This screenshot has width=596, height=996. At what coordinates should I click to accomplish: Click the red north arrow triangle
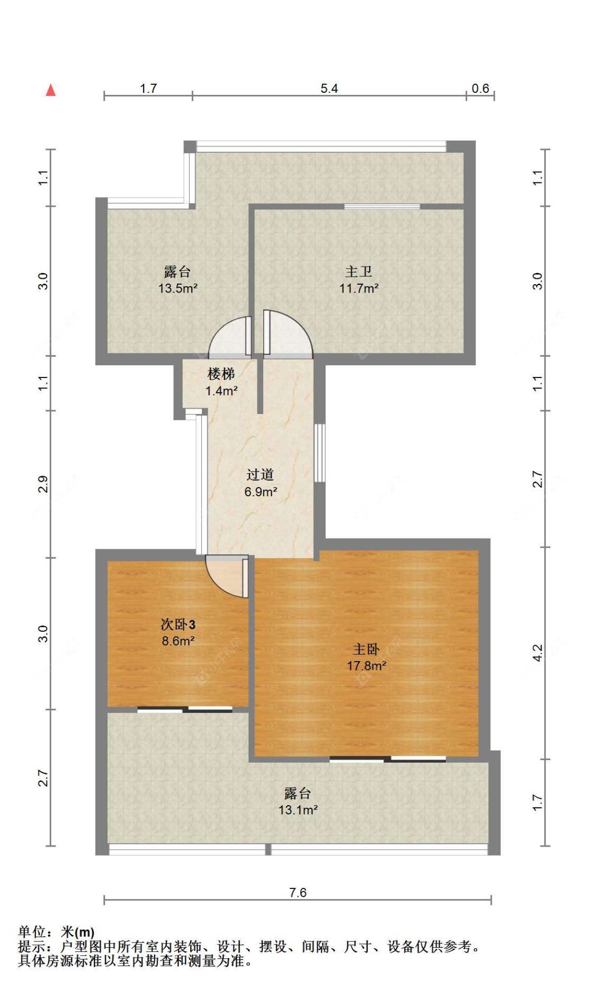coord(51,90)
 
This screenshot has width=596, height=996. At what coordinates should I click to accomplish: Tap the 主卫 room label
coord(359,272)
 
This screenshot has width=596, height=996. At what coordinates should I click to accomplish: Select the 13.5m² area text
coord(178,288)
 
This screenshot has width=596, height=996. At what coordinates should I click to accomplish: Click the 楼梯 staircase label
coord(221,374)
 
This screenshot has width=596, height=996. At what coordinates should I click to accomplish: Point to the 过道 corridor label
coord(260,474)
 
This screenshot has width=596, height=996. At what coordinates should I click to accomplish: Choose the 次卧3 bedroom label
coord(178,624)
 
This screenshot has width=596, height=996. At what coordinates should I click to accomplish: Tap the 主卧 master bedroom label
coord(366,649)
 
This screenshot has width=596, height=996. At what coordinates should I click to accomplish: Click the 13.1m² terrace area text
coord(298,810)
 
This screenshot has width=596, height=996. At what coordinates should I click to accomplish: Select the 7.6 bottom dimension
coord(298,892)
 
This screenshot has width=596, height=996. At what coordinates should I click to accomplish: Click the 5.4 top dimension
coord(329,89)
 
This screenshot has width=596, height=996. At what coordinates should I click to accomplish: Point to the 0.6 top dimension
coord(481,89)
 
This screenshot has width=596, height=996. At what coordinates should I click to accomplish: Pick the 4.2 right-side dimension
coord(537,653)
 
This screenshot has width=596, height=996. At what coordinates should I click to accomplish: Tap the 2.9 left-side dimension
coord(43,484)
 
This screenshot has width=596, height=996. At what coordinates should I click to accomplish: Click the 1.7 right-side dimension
coord(537,803)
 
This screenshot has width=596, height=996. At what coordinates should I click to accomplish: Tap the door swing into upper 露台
coord(230,336)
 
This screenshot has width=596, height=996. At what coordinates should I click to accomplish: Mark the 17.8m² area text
coord(367,666)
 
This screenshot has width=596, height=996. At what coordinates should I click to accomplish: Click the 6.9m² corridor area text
coord(261,492)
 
